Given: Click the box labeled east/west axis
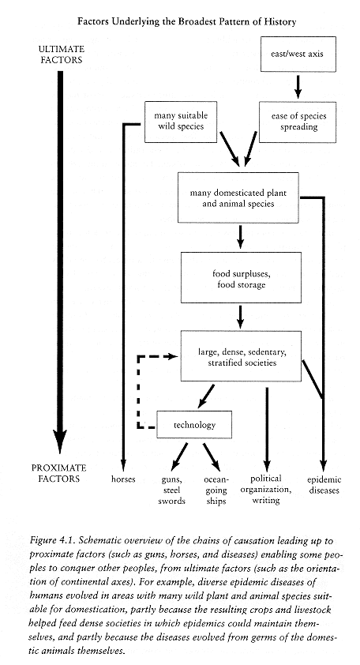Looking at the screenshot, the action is click(x=298, y=54).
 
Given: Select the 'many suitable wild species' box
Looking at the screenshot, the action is click(x=181, y=122).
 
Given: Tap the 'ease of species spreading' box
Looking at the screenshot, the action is click(x=298, y=122).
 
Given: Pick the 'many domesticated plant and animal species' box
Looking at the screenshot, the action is click(x=238, y=197).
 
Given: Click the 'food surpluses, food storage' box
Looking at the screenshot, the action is click(x=241, y=277).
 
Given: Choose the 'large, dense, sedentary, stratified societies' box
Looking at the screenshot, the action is click(x=241, y=356).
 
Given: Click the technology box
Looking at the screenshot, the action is click(x=194, y=425).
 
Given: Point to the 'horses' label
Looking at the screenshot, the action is click(x=123, y=479).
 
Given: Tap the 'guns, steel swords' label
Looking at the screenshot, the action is click(x=172, y=490).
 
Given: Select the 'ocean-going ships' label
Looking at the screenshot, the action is click(x=216, y=490).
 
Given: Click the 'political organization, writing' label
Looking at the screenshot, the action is click(x=266, y=490).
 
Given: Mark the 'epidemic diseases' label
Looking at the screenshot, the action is click(x=324, y=485).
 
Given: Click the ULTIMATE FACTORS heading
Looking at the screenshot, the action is click(x=62, y=54).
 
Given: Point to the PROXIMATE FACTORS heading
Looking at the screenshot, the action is click(x=59, y=473).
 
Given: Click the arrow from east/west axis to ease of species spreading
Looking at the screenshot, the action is click(x=298, y=87).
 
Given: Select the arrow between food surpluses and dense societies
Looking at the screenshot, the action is click(x=241, y=317).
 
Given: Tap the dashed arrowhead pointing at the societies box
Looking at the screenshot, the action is click(x=172, y=357).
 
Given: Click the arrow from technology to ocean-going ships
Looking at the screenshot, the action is click(x=212, y=457).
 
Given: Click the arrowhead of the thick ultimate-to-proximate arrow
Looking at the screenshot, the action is click(x=60, y=441).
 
